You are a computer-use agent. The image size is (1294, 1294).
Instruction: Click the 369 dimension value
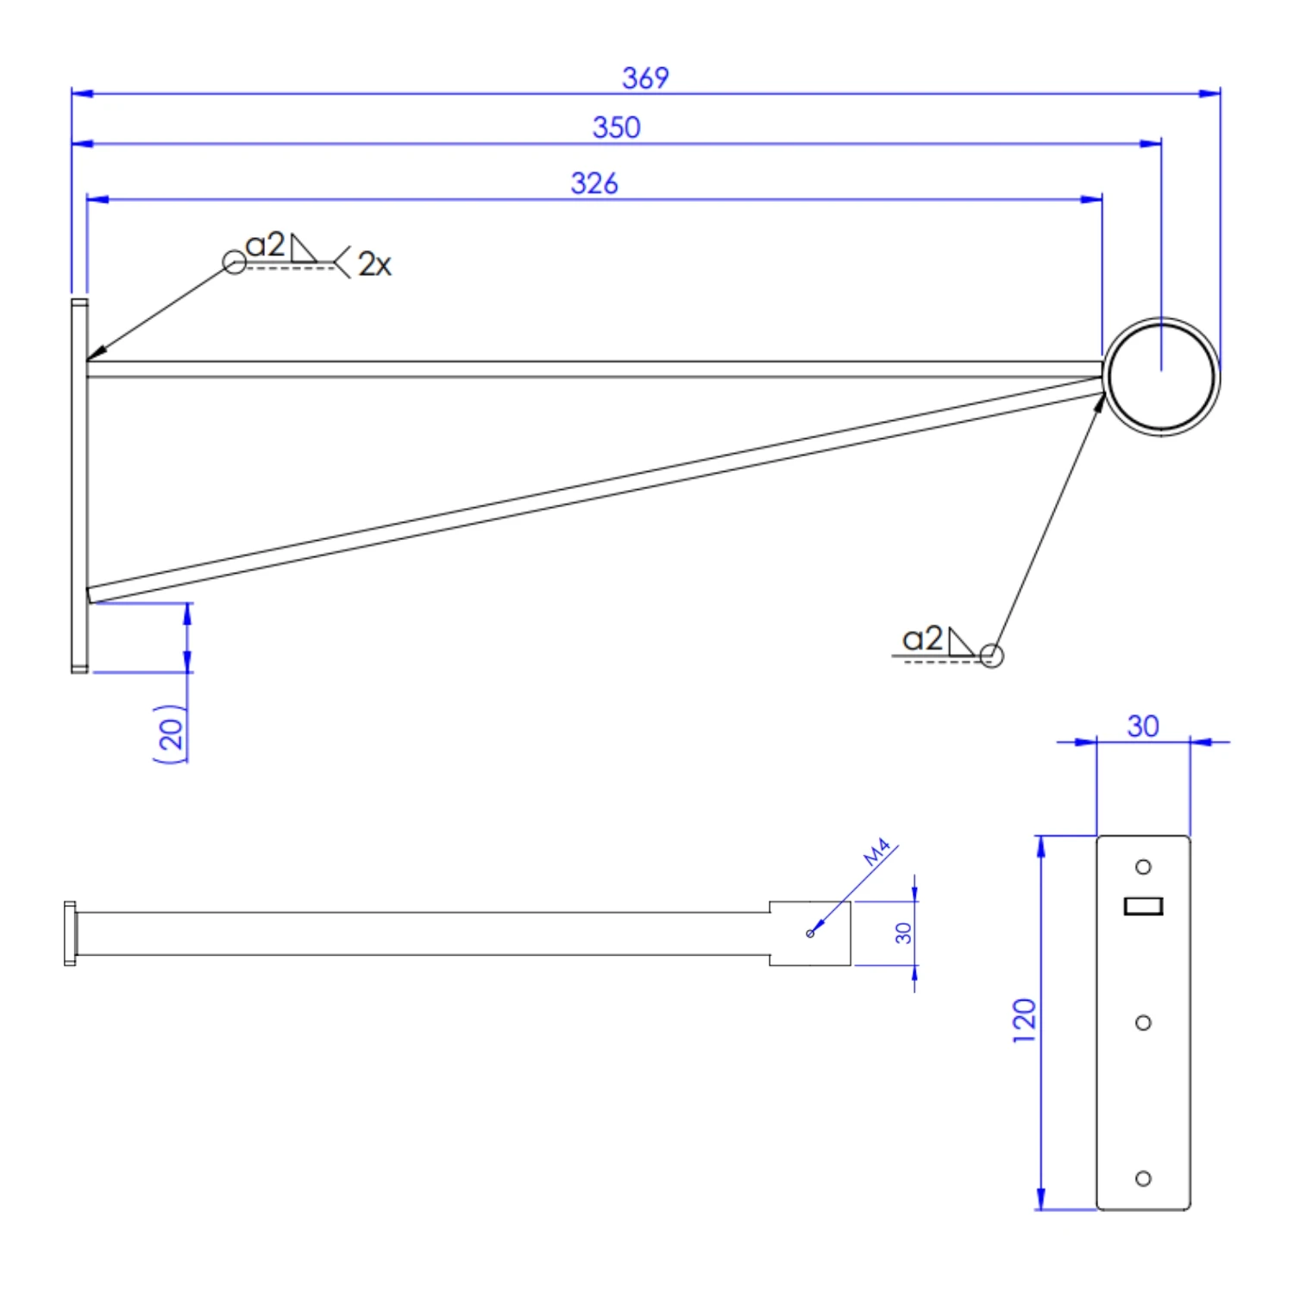coord(645,78)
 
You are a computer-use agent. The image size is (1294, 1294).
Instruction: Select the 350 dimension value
coord(616,128)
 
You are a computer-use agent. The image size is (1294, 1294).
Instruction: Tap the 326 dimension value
coord(594,183)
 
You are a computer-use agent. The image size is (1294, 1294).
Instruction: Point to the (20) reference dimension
coord(170,733)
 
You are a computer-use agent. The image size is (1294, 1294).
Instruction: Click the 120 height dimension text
coord(1024,1021)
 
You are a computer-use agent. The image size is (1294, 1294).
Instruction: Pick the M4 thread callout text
coord(877,852)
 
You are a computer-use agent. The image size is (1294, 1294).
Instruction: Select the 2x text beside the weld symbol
coord(374,264)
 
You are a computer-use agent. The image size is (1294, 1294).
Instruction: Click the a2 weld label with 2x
coord(265,245)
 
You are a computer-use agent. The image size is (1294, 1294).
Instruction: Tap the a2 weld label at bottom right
coord(922,638)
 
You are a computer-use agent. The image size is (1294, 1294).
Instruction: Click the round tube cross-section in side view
coord(1161,377)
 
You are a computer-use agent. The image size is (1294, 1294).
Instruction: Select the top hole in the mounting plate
coord(1143,867)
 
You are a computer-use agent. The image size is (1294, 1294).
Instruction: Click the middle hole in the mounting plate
coord(1143,1022)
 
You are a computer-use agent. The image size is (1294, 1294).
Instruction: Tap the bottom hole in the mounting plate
coord(1143,1178)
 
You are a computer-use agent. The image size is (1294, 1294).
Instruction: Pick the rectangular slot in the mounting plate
coord(1143,906)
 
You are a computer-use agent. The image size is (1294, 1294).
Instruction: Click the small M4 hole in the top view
coord(810,933)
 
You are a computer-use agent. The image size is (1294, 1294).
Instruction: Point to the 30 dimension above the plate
coord(1143,726)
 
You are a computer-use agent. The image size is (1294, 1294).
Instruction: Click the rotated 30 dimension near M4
coord(903,933)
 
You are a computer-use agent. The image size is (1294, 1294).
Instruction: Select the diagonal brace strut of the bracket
coord(595,490)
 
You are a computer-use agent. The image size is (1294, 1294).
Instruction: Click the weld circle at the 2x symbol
coord(234,262)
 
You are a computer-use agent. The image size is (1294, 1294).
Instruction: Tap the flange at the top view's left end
coord(70,933)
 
